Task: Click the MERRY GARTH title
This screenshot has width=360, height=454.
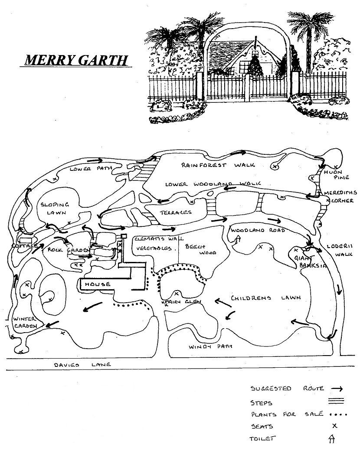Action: tap(76, 59)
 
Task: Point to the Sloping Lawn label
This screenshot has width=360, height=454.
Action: tap(55, 208)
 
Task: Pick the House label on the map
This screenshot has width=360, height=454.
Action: tap(98, 284)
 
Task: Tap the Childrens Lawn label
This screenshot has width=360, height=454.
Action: tap(266, 298)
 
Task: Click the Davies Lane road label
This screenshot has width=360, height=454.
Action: tap(82, 365)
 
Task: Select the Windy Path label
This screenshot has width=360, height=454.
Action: tap(211, 346)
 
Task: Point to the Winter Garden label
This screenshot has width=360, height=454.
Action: tap(24, 322)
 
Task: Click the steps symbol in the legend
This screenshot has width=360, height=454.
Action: tap(337, 401)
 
